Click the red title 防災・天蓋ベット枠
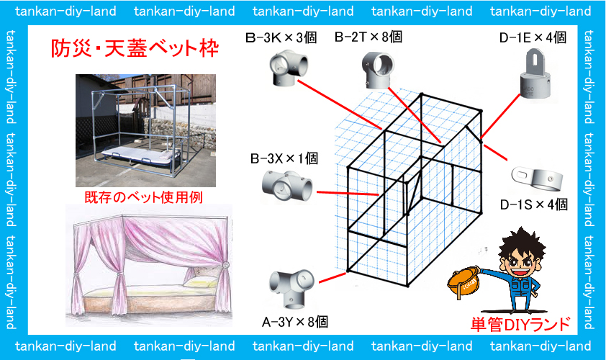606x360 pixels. click(135, 49)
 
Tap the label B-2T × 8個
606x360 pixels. click(368, 37)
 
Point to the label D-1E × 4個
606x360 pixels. click(533, 37)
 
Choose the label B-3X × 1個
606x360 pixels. click(284, 158)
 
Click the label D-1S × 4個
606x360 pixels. click(534, 205)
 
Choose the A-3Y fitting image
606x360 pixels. click(292, 285)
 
